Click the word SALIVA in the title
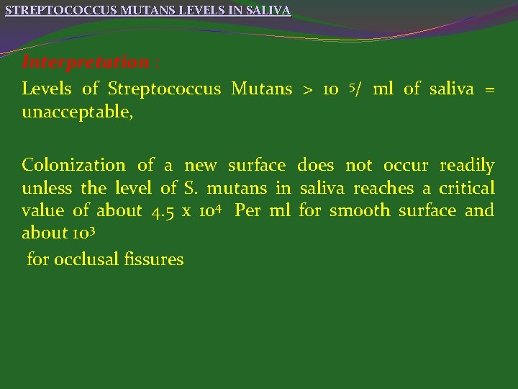[x=270, y=11]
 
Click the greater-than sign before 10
[x=307, y=89]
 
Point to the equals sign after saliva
[x=489, y=89]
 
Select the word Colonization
[x=73, y=165]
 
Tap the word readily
[x=467, y=165]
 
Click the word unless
[x=45, y=189]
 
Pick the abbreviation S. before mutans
[x=191, y=189]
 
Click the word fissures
[x=153, y=259]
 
